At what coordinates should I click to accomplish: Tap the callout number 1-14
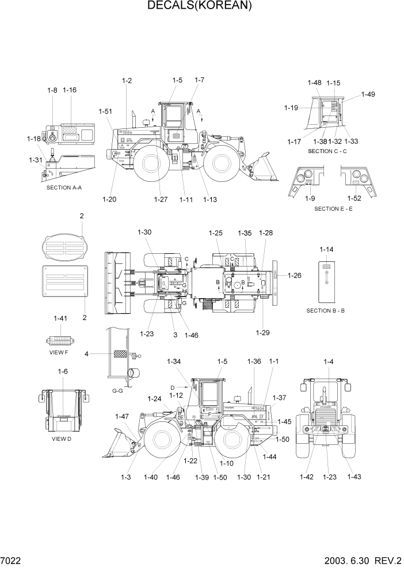point(326,250)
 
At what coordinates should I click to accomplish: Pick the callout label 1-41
point(60,318)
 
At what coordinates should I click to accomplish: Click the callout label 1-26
point(295,276)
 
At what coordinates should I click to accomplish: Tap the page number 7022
point(11,560)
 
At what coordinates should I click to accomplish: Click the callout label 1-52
point(355,199)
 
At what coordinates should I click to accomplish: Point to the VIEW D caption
point(62,439)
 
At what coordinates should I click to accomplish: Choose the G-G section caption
point(117,391)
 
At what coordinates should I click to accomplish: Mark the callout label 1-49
point(368,94)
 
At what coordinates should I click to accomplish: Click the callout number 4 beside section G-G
point(86,353)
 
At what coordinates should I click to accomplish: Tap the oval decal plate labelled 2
point(63,247)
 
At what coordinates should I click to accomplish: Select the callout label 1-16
point(70,90)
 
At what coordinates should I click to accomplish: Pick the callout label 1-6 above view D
point(63,372)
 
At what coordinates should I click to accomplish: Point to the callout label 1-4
point(329,361)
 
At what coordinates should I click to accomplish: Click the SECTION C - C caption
point(327,151)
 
